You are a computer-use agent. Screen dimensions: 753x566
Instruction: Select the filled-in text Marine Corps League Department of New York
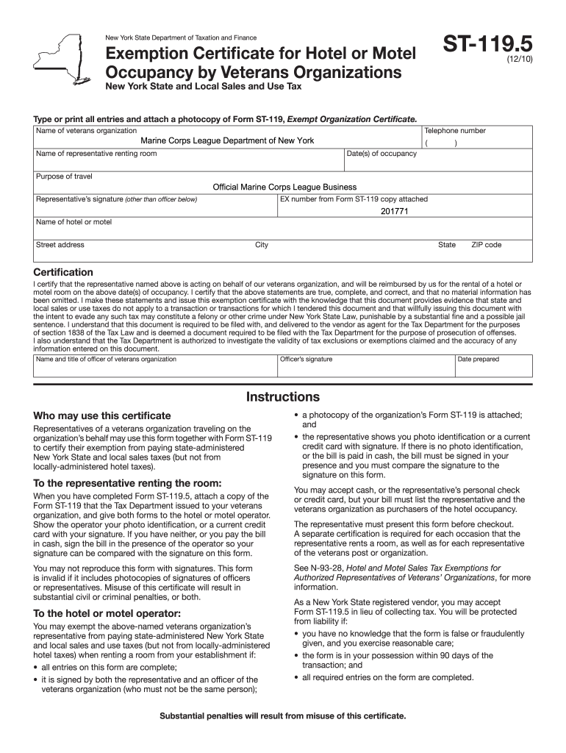pos(227,140)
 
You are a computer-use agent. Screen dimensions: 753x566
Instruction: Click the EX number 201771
pos(394,211)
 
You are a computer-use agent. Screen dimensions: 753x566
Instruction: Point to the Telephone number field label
pos(454,131)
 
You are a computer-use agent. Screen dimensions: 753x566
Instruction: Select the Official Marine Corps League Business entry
pos(284,188)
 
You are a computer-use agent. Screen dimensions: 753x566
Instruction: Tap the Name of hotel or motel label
pos(74,222)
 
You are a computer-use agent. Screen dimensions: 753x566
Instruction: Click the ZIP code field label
pos(486,245)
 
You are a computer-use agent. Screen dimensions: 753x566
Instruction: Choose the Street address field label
pos(60,245)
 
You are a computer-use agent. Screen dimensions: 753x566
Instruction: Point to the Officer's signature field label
pos(307,360)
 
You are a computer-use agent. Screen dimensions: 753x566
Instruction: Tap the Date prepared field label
pos(478,360)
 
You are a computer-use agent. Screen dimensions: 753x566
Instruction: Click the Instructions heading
pos(283,397)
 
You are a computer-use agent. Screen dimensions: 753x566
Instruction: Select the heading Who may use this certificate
pos(102,415)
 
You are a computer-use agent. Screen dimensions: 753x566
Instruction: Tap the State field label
pos(447,245)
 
